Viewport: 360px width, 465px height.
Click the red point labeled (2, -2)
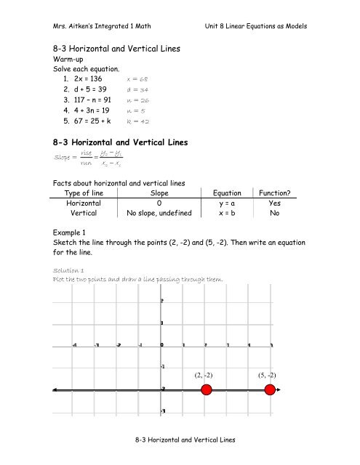(206, 391)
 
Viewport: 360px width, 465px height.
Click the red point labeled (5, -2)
(270, 391)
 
